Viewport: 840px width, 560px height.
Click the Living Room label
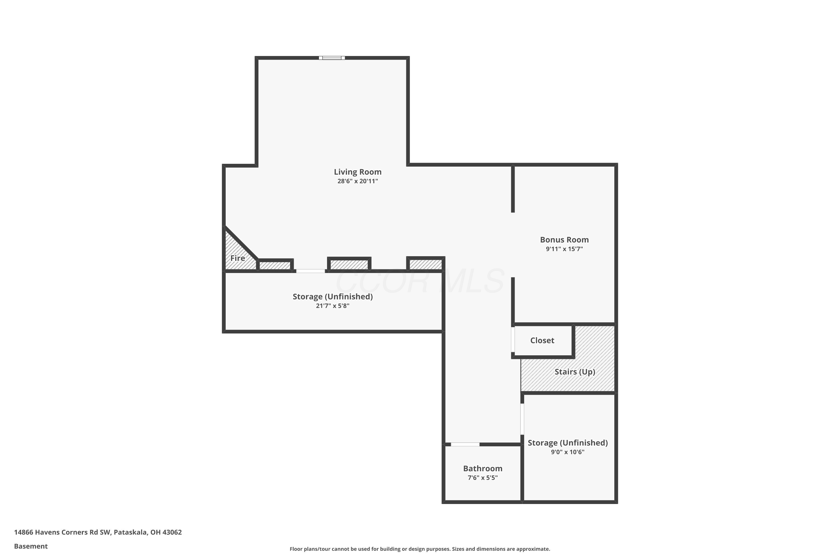pyautogui.click(x=358, y=172)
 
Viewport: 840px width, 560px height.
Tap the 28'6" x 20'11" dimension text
pyautogui.click(x=358, y=181)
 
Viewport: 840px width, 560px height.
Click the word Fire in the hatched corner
pyautogui.click(x=237, y=258)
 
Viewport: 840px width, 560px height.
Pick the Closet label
pyautogui.click(x=542, y=340)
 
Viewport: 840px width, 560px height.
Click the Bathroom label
pyautogui.click(x=482, y=468)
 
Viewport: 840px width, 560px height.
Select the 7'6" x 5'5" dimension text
pyautogui.click(x=482, y=478)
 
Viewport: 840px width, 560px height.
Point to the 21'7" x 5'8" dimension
pyautogui.click(x=333, y=306)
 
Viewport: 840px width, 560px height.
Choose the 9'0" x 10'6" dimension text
pyautogui.click(x=568, y=452)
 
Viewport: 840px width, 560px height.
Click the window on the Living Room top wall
pyautogui.click(x=332, y=58)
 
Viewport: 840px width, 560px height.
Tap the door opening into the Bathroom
pyautogui.click(x=465, y=444)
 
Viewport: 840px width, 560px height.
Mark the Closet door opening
pyautogui.click(x=513, y=340)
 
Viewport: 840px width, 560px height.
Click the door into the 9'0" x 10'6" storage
pyautogui.click(x=522, y=419)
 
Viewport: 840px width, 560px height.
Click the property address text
pyautogui.click(x=98, y=532)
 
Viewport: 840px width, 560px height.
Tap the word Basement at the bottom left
pyautogui.click(x=31, y=546)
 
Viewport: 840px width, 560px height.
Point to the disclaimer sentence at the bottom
pyautogui.click(x=420, y=549)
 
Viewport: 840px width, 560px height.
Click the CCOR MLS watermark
pyautogui.click(x=420, y=281)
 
